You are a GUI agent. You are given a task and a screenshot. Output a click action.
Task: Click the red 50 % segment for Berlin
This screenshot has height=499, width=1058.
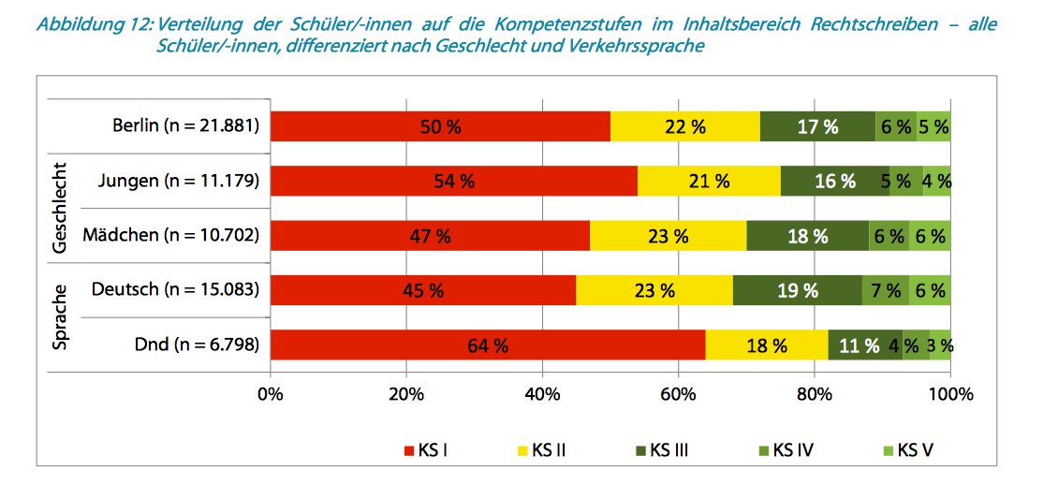point(440,126)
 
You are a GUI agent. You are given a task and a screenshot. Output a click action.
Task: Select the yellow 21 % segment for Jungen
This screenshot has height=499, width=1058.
point(709,181)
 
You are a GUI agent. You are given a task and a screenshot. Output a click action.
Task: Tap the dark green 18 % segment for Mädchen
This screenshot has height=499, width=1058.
point(807,236)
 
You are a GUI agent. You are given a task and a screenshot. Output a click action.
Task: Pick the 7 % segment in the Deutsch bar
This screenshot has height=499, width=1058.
point(886,290)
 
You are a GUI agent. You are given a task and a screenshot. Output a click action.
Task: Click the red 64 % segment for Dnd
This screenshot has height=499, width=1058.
point(488,345)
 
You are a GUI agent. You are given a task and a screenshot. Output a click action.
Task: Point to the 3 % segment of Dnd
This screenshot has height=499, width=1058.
point(940,345)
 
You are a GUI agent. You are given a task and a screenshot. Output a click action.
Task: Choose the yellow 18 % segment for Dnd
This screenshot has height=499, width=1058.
point(766,345)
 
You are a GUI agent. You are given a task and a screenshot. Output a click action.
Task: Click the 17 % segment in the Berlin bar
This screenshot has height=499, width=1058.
point(817,126)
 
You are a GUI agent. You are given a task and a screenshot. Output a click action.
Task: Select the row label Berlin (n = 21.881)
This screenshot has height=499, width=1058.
point(185,125)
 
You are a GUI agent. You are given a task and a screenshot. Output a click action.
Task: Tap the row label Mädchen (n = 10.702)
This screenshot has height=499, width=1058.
point(170,235)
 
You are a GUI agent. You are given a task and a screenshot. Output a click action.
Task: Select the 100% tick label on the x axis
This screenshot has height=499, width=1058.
point(949,394)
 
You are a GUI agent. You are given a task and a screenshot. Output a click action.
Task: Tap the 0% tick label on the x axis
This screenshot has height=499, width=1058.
point(271,394)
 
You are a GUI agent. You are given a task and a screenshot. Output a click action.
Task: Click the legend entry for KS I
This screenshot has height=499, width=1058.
point(424,450)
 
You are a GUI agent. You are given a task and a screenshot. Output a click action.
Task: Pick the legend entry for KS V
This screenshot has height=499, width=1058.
point(906,450)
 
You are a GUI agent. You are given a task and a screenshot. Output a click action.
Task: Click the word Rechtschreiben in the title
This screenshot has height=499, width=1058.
point(869,24)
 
